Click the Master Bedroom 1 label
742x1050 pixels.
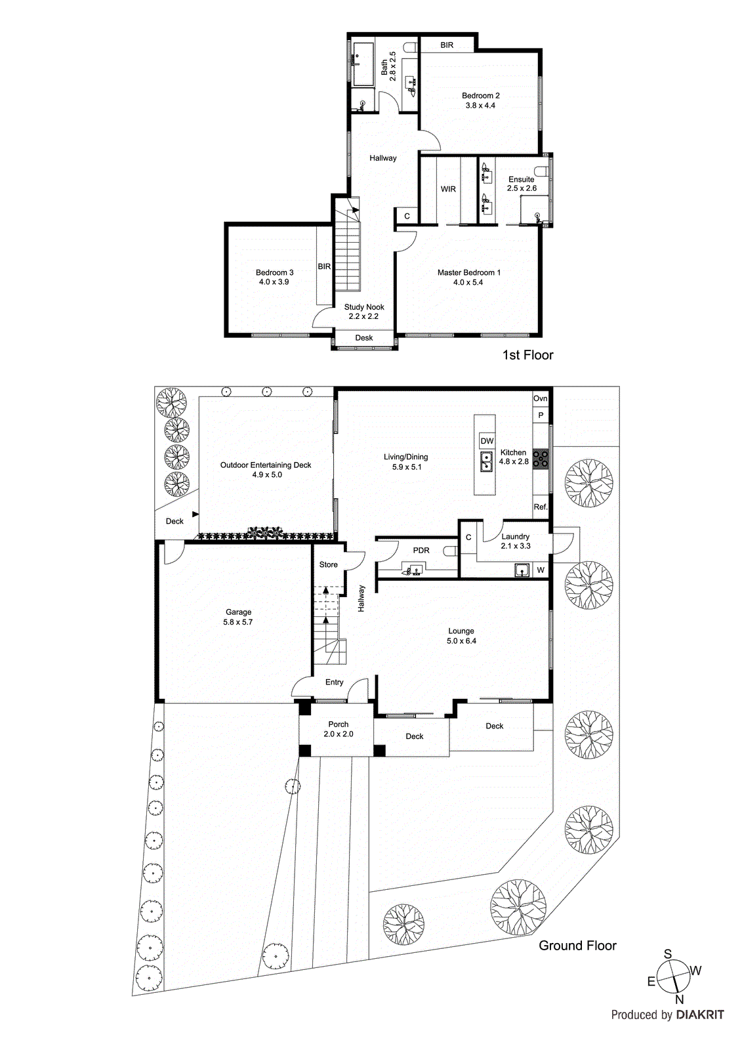tap(468, 272)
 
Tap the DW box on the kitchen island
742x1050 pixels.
tap(487, 441)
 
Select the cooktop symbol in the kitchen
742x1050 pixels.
tap(541, 459)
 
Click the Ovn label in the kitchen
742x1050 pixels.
tap(540, 398)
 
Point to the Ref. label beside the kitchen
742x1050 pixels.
tap(541, 507)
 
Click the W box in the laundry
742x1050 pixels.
tap(541, 570)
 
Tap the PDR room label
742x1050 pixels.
tap(421, 551)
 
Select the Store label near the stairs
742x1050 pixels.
tap(328, 564)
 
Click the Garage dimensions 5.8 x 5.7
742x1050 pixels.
tap(237, 622)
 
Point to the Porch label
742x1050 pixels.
tap(339, 724)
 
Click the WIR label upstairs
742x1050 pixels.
tap(448, 189)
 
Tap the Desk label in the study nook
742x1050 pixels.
tap(364, 338)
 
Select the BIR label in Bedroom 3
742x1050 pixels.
tap(324, 266)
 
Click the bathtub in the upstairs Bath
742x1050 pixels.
tap(363, 64)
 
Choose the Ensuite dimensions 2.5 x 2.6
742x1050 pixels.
tap(522, 188)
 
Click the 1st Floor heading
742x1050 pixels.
tap(527, 355)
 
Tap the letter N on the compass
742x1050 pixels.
tap(679, 1000)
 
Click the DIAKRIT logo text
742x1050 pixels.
tap(700, 1015)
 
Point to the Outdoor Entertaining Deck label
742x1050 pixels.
tap(266, 465)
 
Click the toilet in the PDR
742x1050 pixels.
tap(451, 551)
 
